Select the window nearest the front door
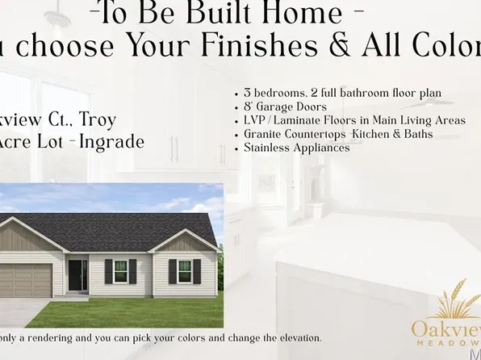tap(119, 271)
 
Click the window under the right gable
tap(185, 271)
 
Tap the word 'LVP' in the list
tap(256, 120)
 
